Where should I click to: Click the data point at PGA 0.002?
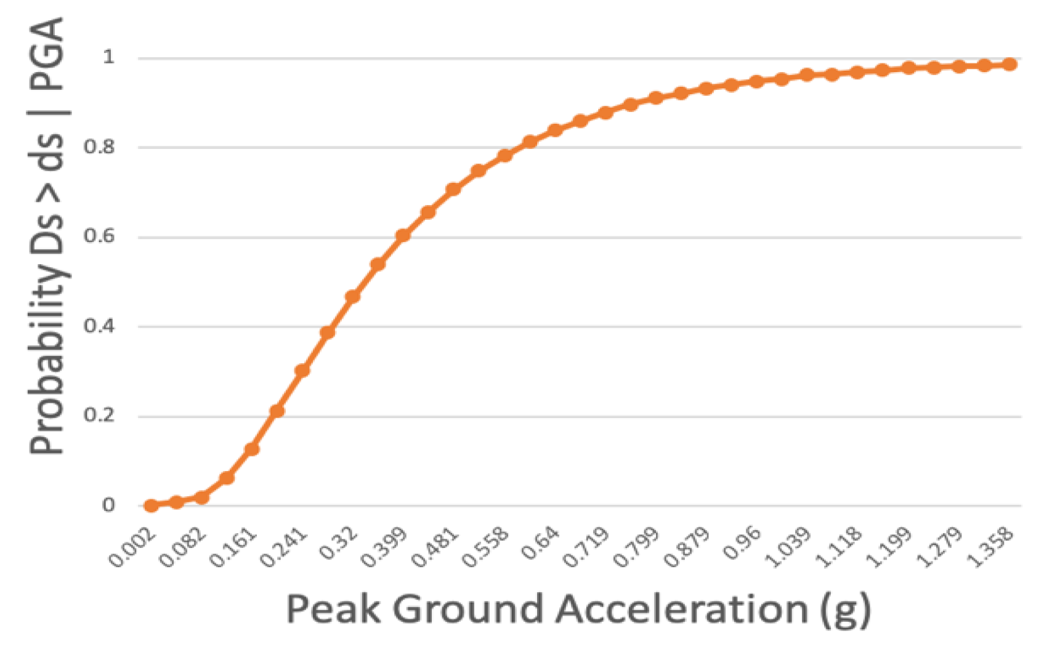[x=151, y=505]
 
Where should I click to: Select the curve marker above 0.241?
[x=302, y=371]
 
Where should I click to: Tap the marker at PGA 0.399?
[x=403, y=236]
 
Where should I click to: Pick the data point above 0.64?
[x=555, y=131]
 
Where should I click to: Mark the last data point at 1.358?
[x=1010, y=64]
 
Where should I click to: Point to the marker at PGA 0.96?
[x=757, y=82]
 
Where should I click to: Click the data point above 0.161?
[x=251, y=449]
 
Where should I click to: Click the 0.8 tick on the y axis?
[x=99, y=147]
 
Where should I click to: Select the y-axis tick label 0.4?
[x=99, y=326]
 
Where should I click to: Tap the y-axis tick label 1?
[x=108, y=57]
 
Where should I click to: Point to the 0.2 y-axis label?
[x=99, y=416]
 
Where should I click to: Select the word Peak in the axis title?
[x=333, y=609]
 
